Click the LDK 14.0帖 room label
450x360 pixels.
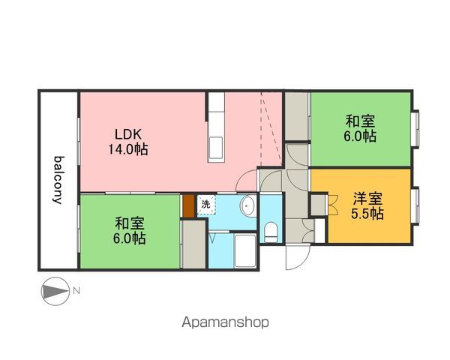[x=128, y=142]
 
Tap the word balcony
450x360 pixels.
[x=59, y=180]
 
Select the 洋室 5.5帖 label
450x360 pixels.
[x=367, y=205]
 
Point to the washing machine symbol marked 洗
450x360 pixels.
[x=205, y=205]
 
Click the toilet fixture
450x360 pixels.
[x=271, y=232]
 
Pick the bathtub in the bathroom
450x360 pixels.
[x=245, y=250]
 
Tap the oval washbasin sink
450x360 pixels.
[x=248, y=206]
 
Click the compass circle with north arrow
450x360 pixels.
[x=55, y=291]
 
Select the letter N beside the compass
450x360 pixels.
[x=76, y=291]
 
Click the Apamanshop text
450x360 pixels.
[x=225, y=322]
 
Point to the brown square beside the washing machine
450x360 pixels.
[x=189, y=206]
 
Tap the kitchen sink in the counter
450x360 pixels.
[x=216, y=148]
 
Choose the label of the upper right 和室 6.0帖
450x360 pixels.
[x=360, y=128]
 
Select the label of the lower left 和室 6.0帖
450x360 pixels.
[x=129, y=231]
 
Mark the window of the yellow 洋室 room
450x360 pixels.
[x=415, y=205]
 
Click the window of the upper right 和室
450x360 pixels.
[x=415, y=128]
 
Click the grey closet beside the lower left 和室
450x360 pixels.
[x=194, y=244]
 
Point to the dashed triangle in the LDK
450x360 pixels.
[x=271, y=129]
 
